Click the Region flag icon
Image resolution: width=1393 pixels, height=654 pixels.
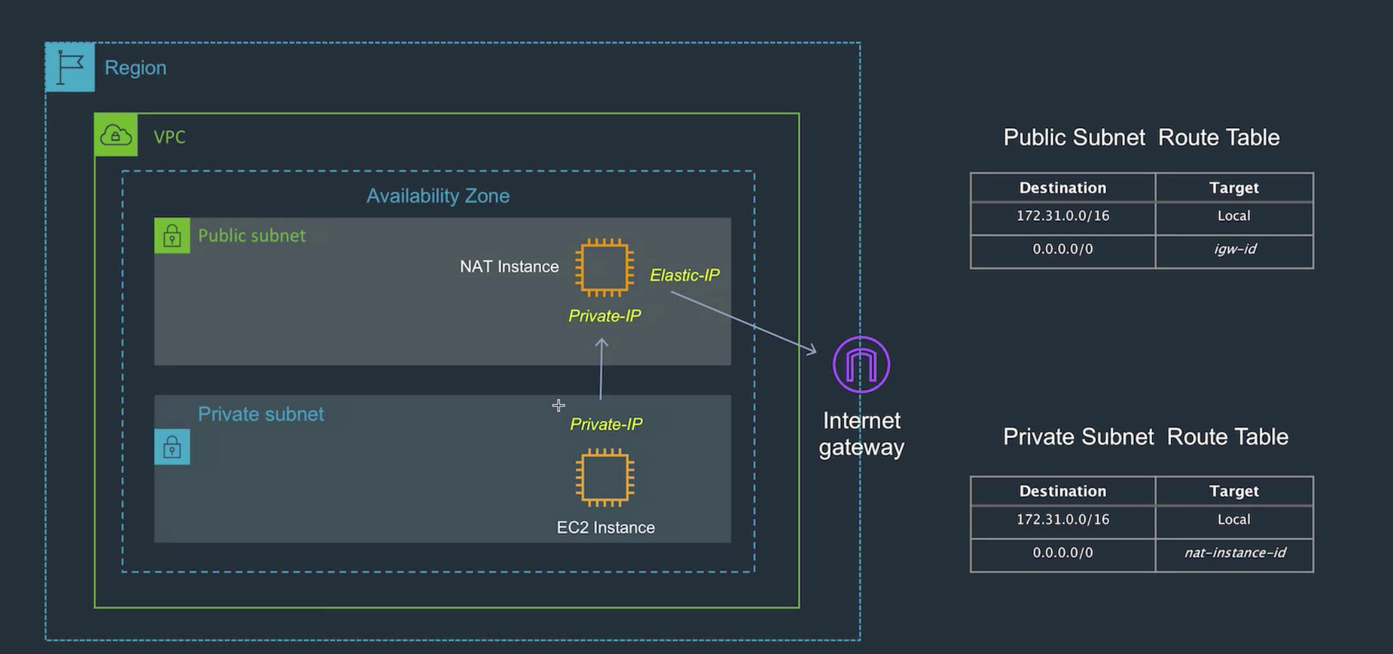[70, 67]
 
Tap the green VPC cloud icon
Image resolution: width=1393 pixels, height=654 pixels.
[116, 134]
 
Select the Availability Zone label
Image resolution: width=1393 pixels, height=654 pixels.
[438, 196]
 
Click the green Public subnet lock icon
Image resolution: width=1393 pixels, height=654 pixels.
[172, 235]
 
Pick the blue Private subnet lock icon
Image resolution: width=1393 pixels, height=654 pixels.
[172, 446]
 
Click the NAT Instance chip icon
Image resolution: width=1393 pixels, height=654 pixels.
[604, 267]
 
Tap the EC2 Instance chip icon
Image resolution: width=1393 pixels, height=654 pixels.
[605, 478]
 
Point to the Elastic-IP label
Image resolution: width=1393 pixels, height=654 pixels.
[685, 275]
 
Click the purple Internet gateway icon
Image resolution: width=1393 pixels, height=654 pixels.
[861, 364]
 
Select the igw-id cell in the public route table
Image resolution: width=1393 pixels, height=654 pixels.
[1234, 249]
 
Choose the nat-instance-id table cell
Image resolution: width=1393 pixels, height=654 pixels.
[1234, 553]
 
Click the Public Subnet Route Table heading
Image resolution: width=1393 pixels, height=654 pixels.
[1141, 137]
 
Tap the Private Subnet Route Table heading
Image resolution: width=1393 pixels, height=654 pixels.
[1145, 437]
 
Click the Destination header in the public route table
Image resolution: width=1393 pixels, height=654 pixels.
[1062, 188]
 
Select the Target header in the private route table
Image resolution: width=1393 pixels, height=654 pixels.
[1234, 492]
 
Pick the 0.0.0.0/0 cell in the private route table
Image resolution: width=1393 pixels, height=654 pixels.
[1062, 553]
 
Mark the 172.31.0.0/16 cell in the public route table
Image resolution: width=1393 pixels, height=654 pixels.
[1062, 216]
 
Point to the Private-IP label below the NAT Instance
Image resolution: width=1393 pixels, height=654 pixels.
[605, 316]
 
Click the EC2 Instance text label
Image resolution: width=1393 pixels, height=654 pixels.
[605, 528]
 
